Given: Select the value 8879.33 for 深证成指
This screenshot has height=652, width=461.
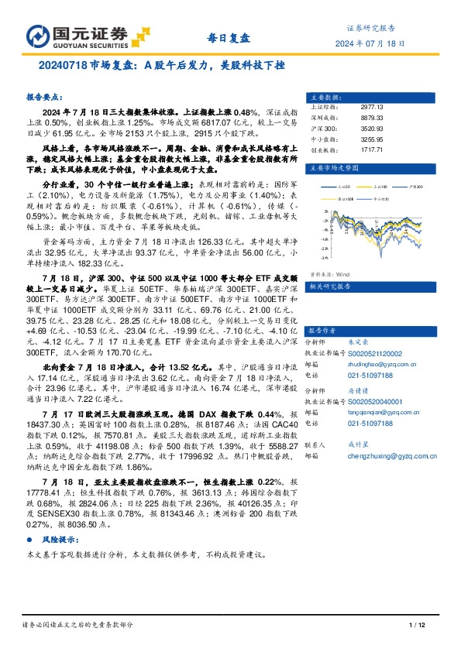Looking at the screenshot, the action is pyautogui.click(x=372, y=118).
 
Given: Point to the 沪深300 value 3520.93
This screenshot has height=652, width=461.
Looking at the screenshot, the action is pyautogui.click(x=372, y=128).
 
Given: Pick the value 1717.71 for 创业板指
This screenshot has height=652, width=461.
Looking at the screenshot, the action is pyautogui.click(x=372, y=148).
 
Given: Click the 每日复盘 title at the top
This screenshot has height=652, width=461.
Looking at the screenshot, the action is pyautogui.click(x=230, y=37).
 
